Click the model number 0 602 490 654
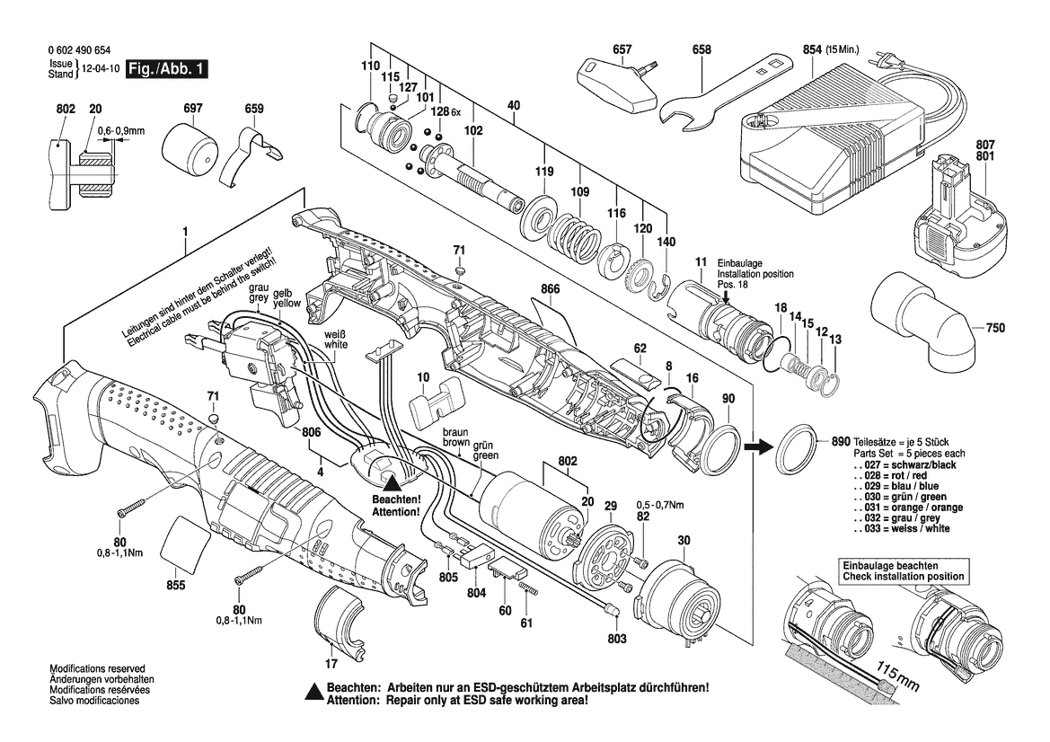82,53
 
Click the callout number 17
331,665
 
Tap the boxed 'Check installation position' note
903,570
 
